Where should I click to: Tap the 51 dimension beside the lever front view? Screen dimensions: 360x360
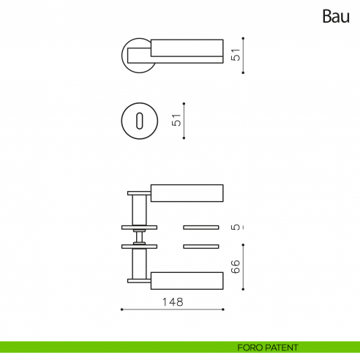pyautogui.click(x=236, y=55)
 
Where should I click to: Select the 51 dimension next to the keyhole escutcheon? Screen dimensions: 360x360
pyautogui.click(x=176, y=120)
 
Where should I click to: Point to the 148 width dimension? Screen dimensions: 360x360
pyautogui.click(x=173, y=301)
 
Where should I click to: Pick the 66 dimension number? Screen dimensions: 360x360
pyautogui.click(x=236, y=266)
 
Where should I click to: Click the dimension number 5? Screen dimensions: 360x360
pyautogui.click(x=236, y=227)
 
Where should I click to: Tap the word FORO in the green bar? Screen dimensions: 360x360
pyautogui.click(x=250, y=348)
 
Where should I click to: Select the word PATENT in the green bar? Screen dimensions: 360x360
pyautogui.click(x=282, y=348)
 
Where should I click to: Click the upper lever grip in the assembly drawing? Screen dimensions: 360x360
pyautogui.click(x=187, y=192)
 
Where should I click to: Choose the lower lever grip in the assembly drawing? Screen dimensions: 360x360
pyautogui.click(x=187, y=280)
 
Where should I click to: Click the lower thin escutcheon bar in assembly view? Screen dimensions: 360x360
pyautogui.click(x=200, y=245)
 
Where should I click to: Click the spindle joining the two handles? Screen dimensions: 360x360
pyautogui.click(x=138, y=236)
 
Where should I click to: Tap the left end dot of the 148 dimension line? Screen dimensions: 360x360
pyautogui.click(x=121, y=310)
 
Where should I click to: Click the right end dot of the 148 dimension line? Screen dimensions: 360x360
pyautogui.click(x=223, y=310)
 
